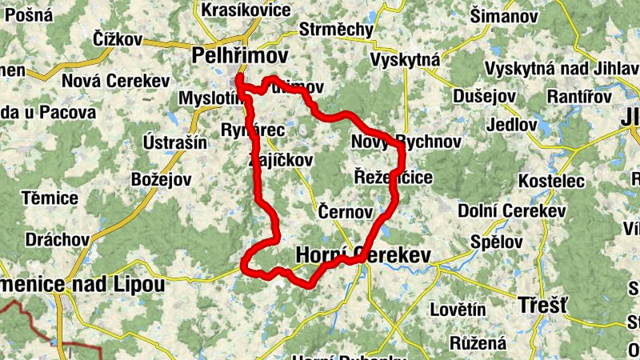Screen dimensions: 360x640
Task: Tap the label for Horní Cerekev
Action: tap(363, 255)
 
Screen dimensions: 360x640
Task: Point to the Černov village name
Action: tap(346, 212)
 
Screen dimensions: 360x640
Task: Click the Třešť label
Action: tap(542, 305)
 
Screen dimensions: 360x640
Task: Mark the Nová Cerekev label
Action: tap(115, 81)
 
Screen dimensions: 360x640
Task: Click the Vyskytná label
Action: tap(406, 61)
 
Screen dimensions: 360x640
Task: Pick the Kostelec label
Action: tap(551, 182)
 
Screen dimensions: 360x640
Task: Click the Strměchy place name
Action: tap(336, 30)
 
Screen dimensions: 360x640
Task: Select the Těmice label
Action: tap(50, 198)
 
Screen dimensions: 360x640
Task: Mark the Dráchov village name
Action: tap(57, 240)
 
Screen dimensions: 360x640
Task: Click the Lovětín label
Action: tap(458, 309)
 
